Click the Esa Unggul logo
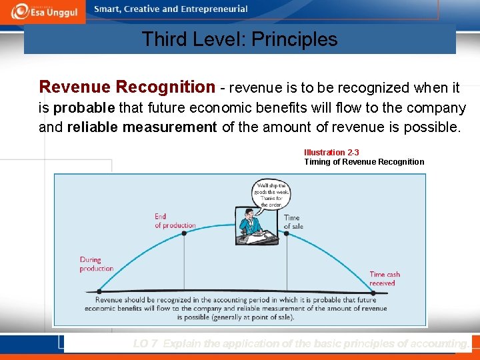tap(43, 11)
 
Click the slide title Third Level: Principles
tap(239, 39)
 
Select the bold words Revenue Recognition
tap(127, 87)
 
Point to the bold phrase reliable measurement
tap(142, 127)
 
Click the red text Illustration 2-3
tap(331, 153)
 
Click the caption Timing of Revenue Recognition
tap(364, 162)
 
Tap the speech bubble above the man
tap(269, 194)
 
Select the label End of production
tap(175, 221)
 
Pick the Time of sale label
tap(293, 222)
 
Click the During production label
tap(97, 264)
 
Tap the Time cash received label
tap(385, 279)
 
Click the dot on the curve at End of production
tap(183, 233)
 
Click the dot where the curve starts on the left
tap(99, 291)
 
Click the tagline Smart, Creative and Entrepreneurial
tap(171, 9)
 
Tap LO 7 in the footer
tap(145, 344)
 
